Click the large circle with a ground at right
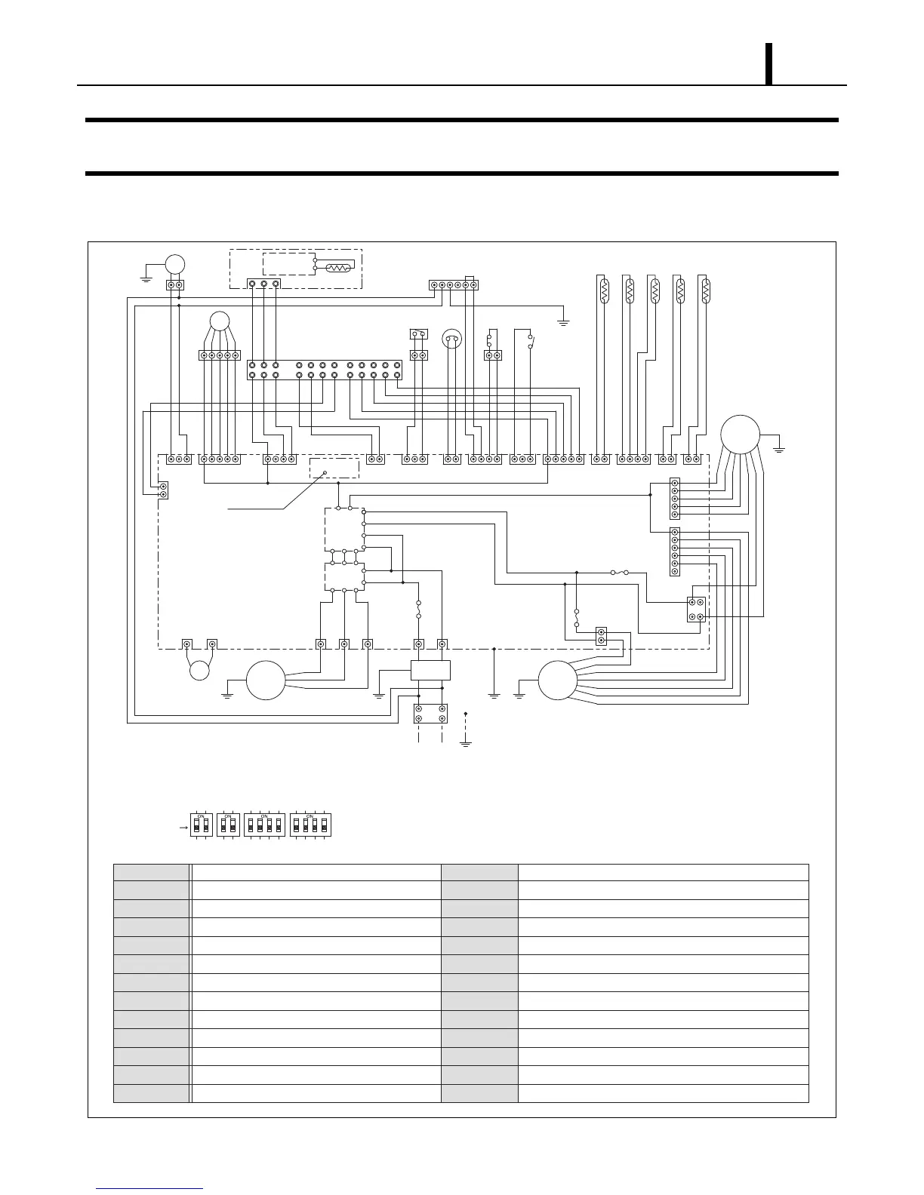(x=740, y=435)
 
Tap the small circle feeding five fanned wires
(x=219, y=321)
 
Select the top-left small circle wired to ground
(x=175, y=263)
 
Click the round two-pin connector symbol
(x=451, y=339)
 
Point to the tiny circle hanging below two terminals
(x=199, y=670)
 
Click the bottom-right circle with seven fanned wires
(x=558, y=680)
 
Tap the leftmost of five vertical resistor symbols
(x=604, y=290)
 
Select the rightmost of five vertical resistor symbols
(x=704, y=290)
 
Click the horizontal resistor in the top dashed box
(x=336, y=268)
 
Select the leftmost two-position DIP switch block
(x=201, y=825)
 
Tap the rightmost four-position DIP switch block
(x=311, y=825)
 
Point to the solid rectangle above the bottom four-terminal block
(x=430, y=670)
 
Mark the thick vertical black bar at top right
(x=769, y=64)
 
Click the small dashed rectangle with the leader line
(x=335, y=468)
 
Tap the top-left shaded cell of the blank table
(x=151, y=873)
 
